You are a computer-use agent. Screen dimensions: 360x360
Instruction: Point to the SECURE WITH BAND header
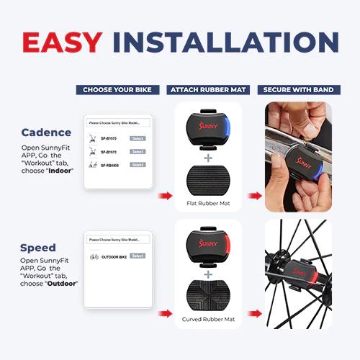click(298, 90)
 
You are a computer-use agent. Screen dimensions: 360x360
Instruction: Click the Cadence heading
click(47, 132)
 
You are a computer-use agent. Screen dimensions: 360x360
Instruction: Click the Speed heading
click(38, 248)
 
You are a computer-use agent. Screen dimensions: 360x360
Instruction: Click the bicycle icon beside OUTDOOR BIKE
click(94, 256)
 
